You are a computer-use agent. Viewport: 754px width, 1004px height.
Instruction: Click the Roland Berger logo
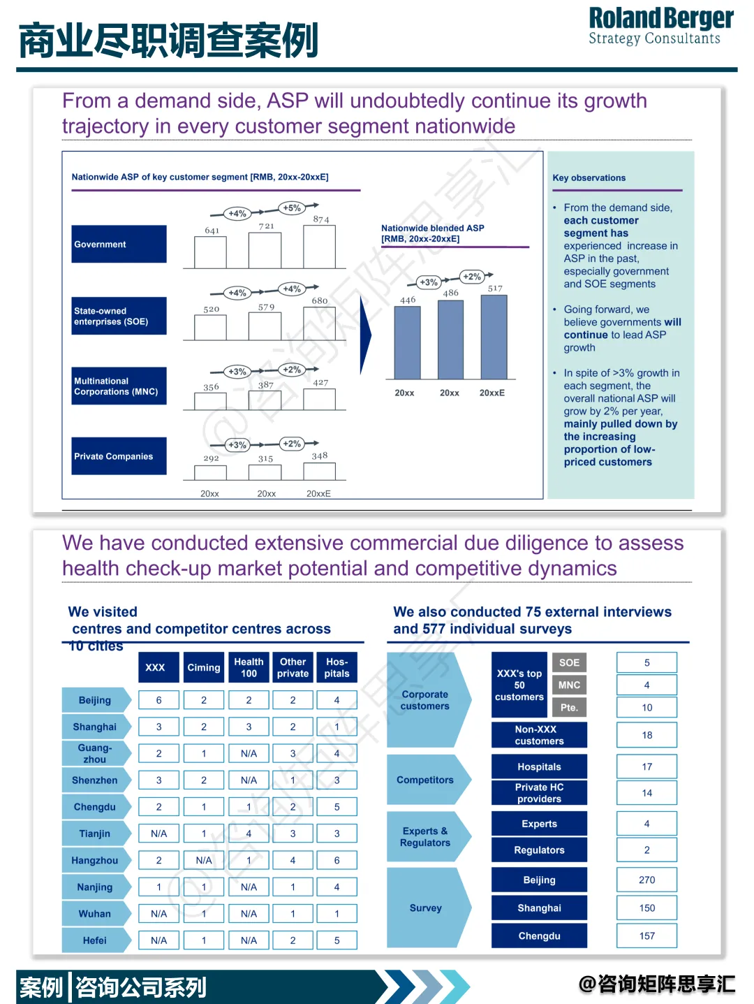[660, 27]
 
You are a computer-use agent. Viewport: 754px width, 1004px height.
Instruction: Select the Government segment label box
[119, 244]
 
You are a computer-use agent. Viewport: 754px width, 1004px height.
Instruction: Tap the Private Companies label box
[119, 456]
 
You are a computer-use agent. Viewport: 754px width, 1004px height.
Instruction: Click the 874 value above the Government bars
[320, 219]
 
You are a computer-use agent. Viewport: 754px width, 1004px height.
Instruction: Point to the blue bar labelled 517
[494, 337]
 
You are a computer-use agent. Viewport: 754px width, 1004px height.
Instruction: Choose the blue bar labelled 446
[407, 342]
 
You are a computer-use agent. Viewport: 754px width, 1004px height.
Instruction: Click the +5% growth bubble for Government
[292, 208]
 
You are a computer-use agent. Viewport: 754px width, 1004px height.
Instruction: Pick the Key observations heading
[589, 177]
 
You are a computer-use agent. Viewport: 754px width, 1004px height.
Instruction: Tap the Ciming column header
[203, 667]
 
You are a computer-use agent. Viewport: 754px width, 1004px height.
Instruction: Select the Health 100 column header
[249, 667]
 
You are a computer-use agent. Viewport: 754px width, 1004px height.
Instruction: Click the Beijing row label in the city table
[95, 700]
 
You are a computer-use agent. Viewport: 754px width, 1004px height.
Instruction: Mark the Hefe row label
[95, 940]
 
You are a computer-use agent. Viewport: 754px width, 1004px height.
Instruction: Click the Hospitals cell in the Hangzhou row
[337, 860]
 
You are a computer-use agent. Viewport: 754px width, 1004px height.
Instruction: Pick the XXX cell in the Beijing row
[158, 700]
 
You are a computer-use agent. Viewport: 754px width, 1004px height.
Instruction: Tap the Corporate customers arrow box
[426, 700]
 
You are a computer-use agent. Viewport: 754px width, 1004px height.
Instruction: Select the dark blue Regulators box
[539, 850]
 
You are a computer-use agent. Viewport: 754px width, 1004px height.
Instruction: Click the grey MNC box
[569, 685]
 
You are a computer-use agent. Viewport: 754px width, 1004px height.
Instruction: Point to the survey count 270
[646, 880]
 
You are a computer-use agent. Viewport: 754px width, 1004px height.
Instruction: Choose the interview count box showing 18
[646, 735]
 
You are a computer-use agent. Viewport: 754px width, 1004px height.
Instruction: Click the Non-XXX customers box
[539, 735]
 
